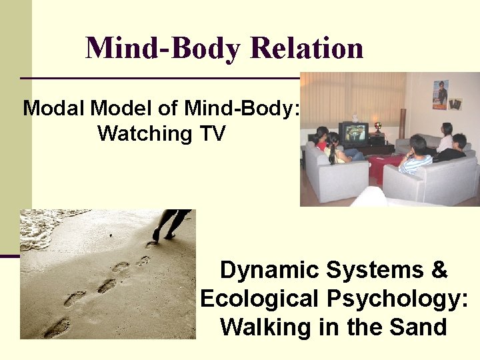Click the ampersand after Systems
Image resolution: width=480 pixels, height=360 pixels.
[x=439, y=271]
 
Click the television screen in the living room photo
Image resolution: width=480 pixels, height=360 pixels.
[x=354, y=131]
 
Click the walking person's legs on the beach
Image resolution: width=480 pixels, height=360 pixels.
[x=171, y=223]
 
